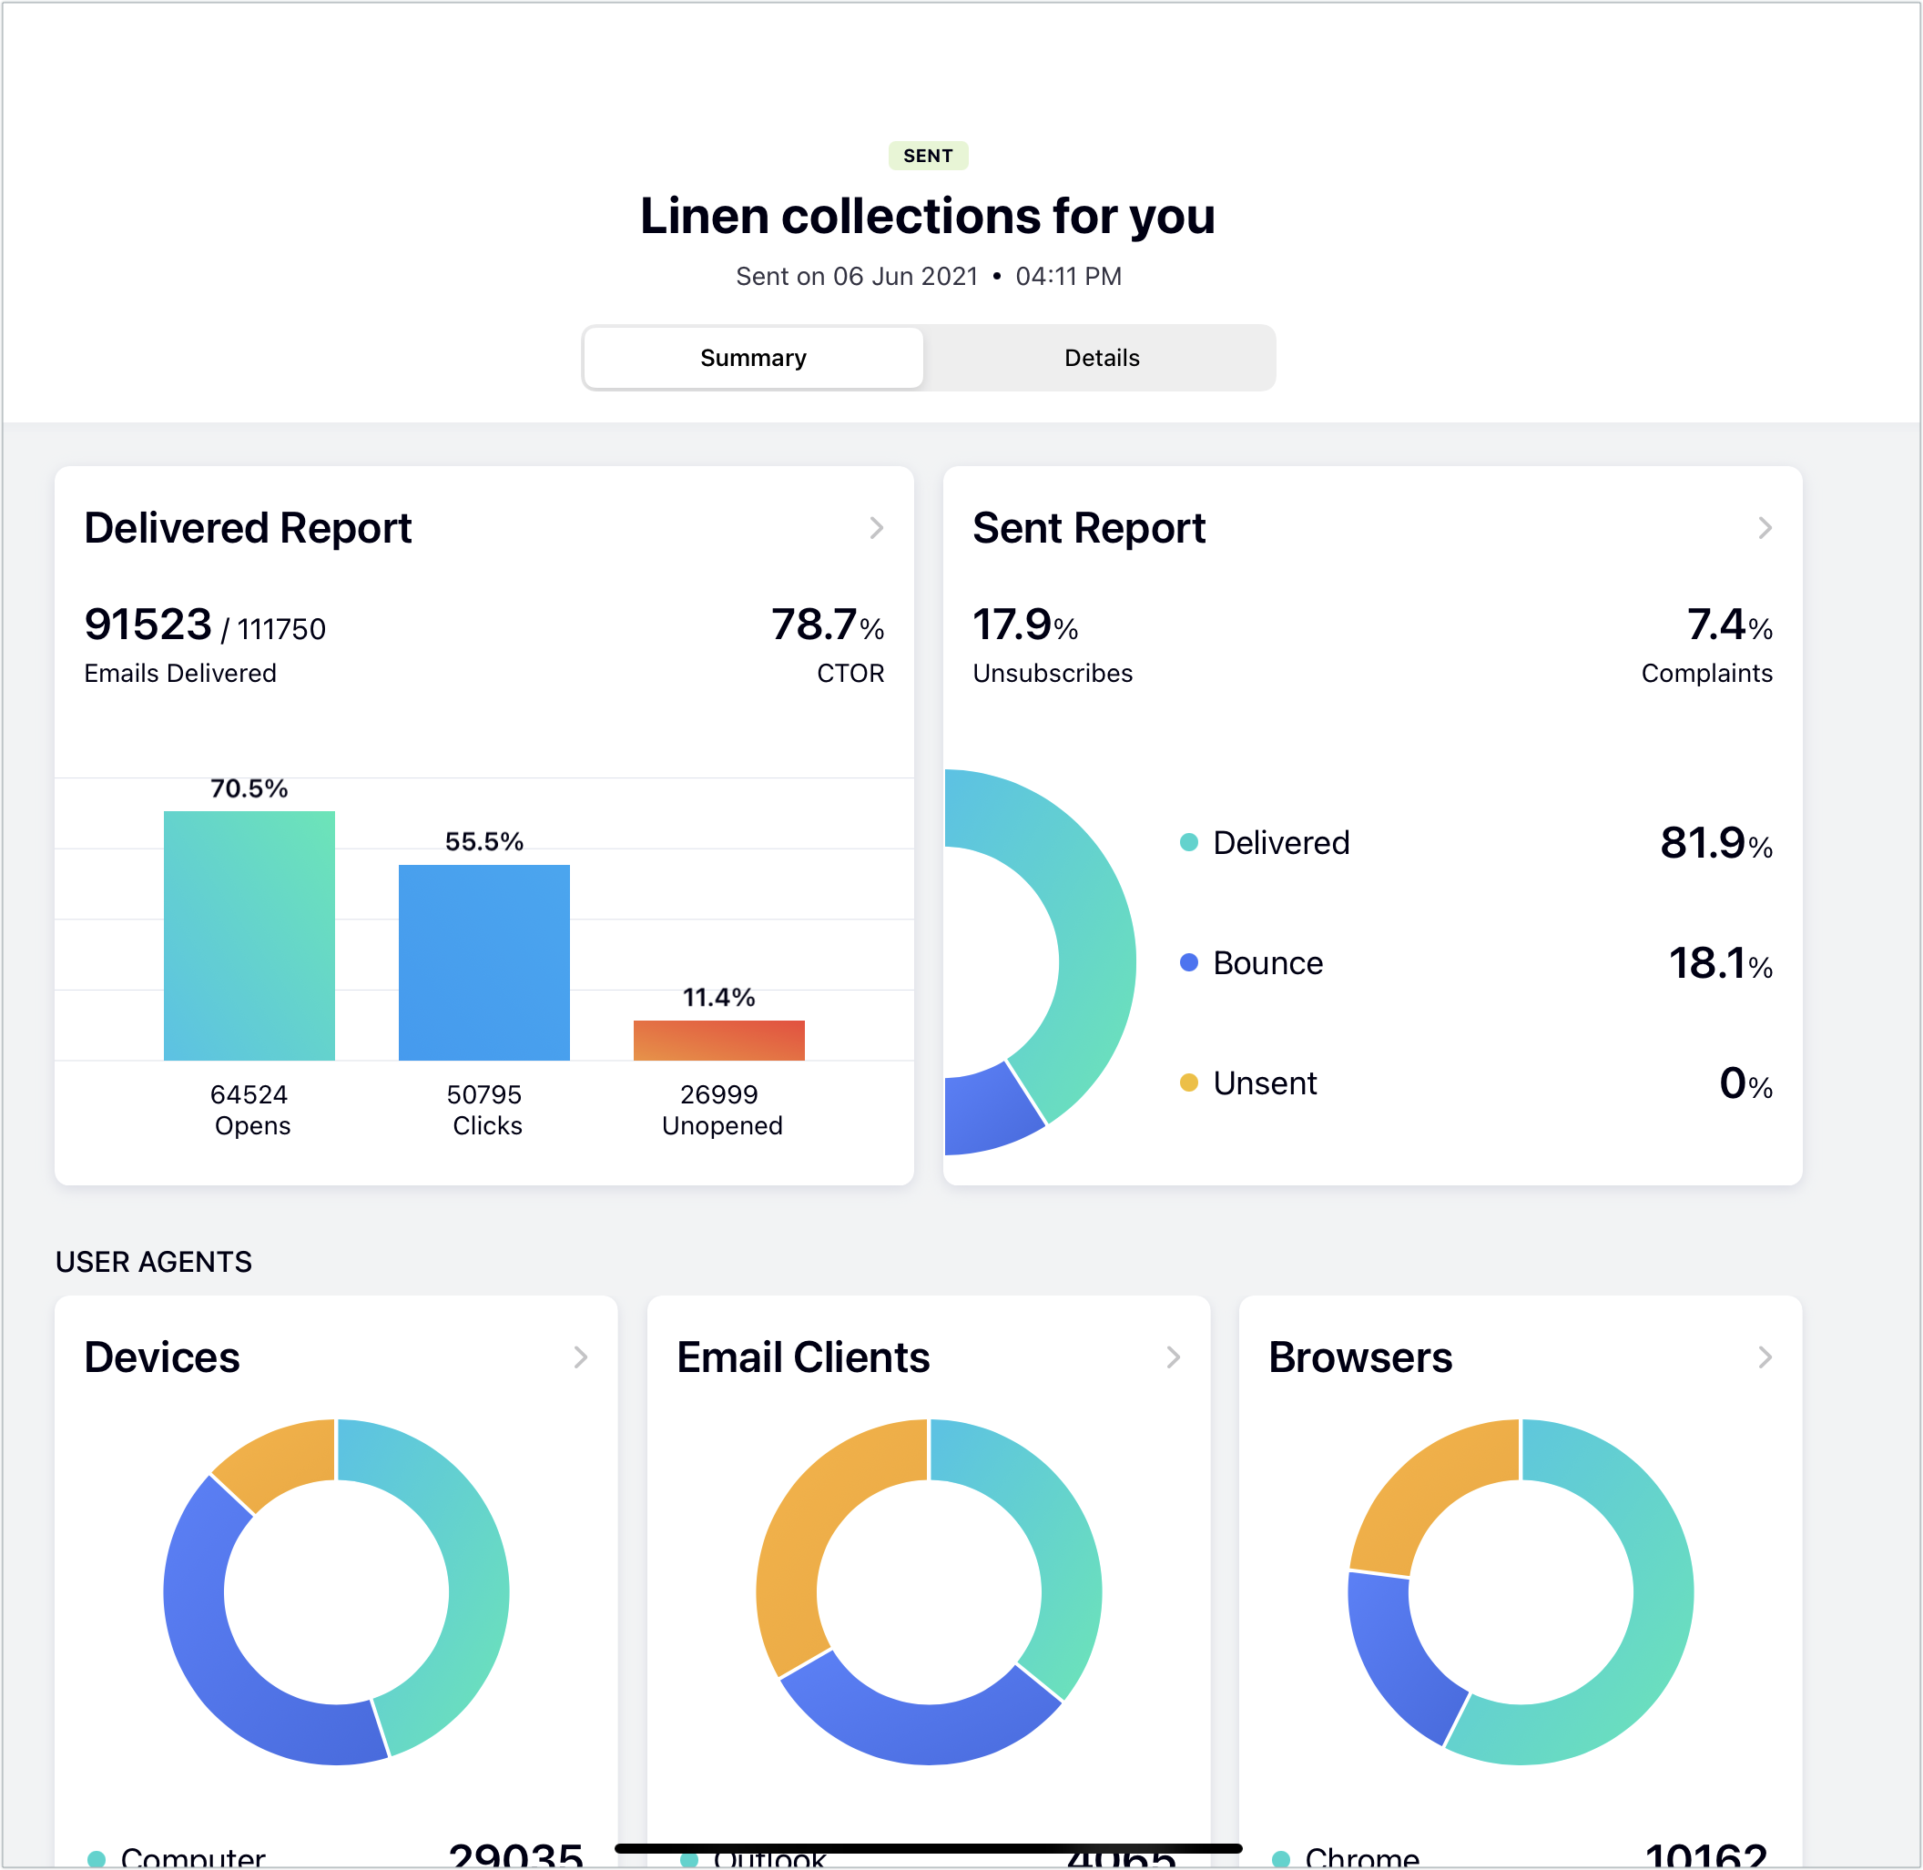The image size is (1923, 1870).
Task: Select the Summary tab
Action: pos(752,358)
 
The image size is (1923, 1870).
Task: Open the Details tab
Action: pos(1101,358)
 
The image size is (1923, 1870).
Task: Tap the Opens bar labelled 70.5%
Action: pos(249,934)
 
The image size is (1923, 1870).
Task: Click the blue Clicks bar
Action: pos(483,961)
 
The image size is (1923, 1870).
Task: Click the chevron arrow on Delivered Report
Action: pos(876,528)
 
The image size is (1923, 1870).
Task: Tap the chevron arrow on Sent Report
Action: pos(1764,528)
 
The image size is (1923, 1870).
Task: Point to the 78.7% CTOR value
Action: pos(826,625)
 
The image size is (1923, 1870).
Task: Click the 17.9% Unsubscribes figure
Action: pos(1024,625)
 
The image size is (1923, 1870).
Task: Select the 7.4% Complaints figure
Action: pos(1728,625)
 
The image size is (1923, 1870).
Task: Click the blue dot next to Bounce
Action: pos(1188,962)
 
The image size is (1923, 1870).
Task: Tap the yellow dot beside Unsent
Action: pos(1188,1082)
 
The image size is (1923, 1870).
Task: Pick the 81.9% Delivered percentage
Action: pos(1714,844)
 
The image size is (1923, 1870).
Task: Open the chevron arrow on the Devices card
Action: pos(580,1357)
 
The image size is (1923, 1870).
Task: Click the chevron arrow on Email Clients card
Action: pos(1173,1357)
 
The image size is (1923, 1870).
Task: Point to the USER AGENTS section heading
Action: pos(154,1262)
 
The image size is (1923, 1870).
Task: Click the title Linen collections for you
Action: pos(927,216)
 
